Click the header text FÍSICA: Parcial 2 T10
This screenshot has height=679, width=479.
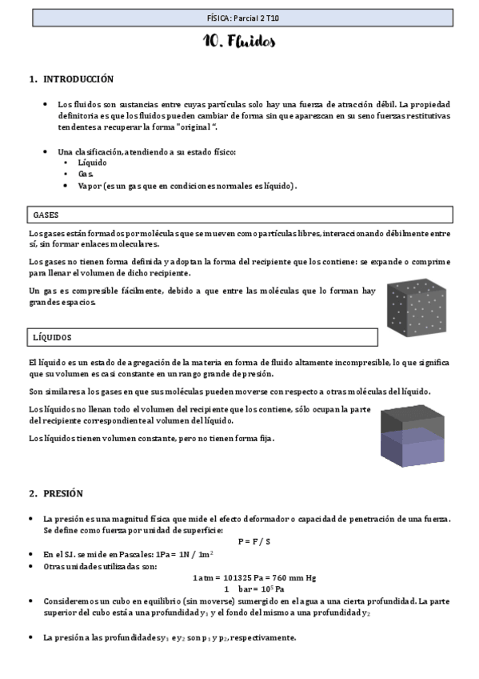[239, 17]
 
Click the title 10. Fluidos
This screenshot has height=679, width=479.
[239, 41]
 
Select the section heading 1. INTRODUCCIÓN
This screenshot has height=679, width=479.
[71, 79]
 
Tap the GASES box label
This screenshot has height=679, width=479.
[46, 215]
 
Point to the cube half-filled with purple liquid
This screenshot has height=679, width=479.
[412, 436]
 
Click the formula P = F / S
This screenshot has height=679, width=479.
[253, 542]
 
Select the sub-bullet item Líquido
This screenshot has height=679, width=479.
[92, 163]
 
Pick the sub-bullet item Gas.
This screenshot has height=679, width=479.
[86, 174]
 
